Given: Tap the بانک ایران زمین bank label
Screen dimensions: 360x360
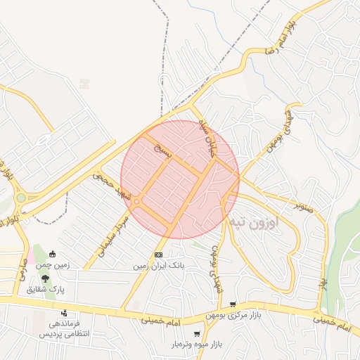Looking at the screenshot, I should click(160, 266).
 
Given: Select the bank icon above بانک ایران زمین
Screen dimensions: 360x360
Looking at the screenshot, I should click(159, 254).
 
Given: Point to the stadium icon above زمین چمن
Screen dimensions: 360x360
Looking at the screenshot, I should click(52, 254).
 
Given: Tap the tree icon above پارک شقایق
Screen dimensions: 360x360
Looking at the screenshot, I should click(45, 278).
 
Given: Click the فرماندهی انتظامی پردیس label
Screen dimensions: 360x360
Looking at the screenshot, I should click(64, 328).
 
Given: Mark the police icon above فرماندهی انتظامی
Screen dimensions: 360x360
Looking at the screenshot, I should click(65, 314).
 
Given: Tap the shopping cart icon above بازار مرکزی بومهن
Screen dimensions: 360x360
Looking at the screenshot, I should click(233, 304).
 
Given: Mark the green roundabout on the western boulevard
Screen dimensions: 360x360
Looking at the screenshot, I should click(21, 198).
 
